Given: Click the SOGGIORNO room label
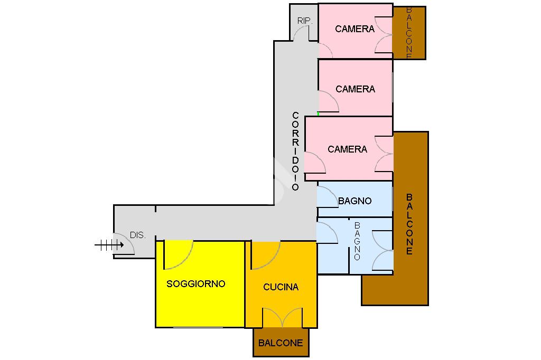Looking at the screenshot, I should tap(195, 283).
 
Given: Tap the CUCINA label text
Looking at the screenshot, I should tap(281, 287).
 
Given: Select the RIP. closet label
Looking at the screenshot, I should tap(305, 21).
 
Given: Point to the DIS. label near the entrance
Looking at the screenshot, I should tap(138, 235).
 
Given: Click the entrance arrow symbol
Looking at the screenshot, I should tap(109, 244).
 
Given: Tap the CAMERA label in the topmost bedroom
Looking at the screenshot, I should tap(355, 29).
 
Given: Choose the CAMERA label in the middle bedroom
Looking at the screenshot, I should tap(355, 89).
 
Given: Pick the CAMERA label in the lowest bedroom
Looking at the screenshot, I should tap(347, 149).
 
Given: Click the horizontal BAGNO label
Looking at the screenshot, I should tap(355, 201).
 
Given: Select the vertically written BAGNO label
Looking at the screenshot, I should tap(357, 241).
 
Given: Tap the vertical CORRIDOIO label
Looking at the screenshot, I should tap(295, 151).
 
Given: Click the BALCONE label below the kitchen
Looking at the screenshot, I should tap(281, 343).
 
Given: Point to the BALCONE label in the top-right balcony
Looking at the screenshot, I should tap(409, 33).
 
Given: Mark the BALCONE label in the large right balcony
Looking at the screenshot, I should tap(409, 224).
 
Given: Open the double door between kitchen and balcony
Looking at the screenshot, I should tap(283, 317).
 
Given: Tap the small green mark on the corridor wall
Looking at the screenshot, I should tap(318, 113).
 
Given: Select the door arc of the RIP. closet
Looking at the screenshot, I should tap(302, 33).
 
